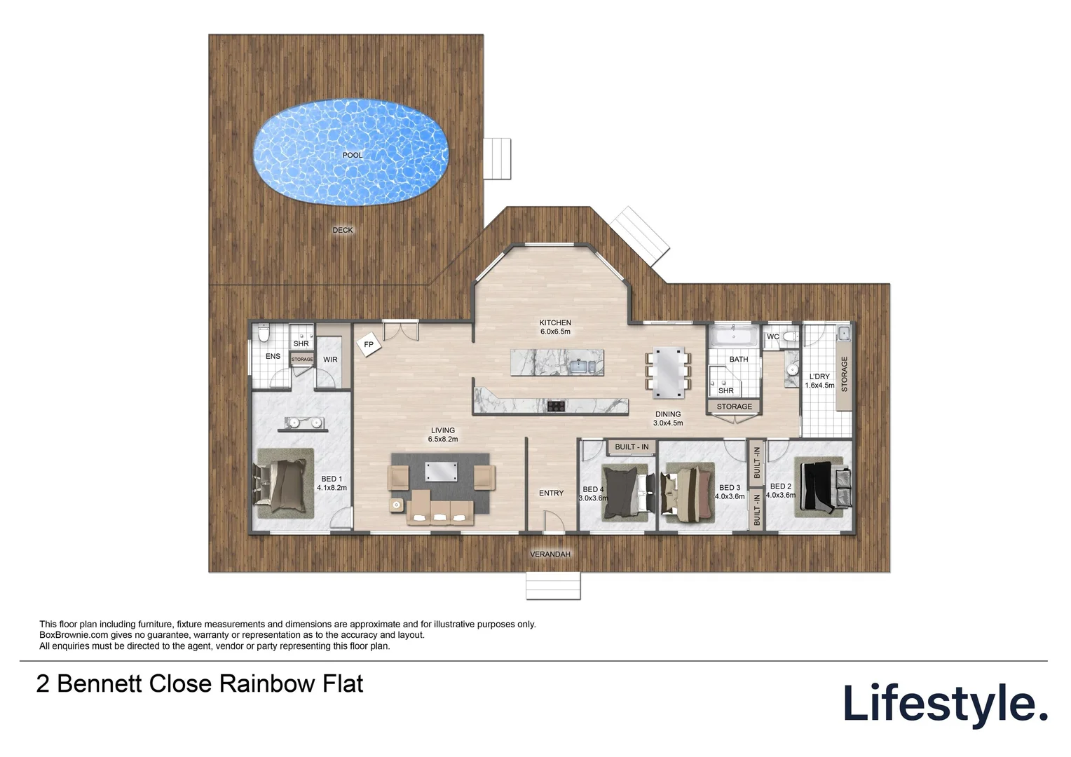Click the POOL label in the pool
tap(353, 155)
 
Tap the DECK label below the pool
tap(343, 230)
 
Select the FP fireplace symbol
tap(368, 344)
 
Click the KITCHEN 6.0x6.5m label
tap(555, 327)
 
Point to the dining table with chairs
tap(669, 368)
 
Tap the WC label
tap(772, 337)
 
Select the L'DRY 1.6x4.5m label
tap(819, 381)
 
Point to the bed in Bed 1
tap(284, 484)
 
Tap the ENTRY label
tap(551, 493)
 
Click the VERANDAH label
tap(550, 554)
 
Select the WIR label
tap(330, 360)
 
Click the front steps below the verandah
tap(554, 585)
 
